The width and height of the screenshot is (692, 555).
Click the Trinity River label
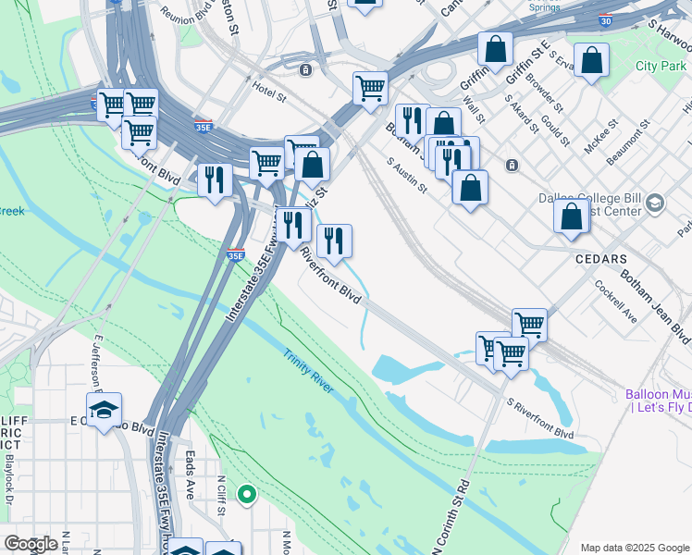[x=309, y=370]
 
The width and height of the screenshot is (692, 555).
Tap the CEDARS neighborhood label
[x=601, y=259]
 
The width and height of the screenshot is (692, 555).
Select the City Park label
[x=661, y=66]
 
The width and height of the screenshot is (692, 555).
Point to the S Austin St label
[x=407, y=175]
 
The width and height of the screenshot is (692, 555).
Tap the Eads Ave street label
[x=189, y=475]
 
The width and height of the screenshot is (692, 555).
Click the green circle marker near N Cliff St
[x=246, y=495]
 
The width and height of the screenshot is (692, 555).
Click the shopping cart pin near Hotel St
[x=370, y=88]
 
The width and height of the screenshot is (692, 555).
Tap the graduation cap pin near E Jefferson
[x=105, y=408]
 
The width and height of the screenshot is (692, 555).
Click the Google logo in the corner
[x=31, y=544]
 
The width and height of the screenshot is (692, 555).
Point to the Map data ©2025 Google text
[x=634, y=547]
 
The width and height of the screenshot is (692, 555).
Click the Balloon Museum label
[x=658, y=401]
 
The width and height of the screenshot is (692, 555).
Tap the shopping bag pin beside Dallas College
[x=572, y=215]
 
